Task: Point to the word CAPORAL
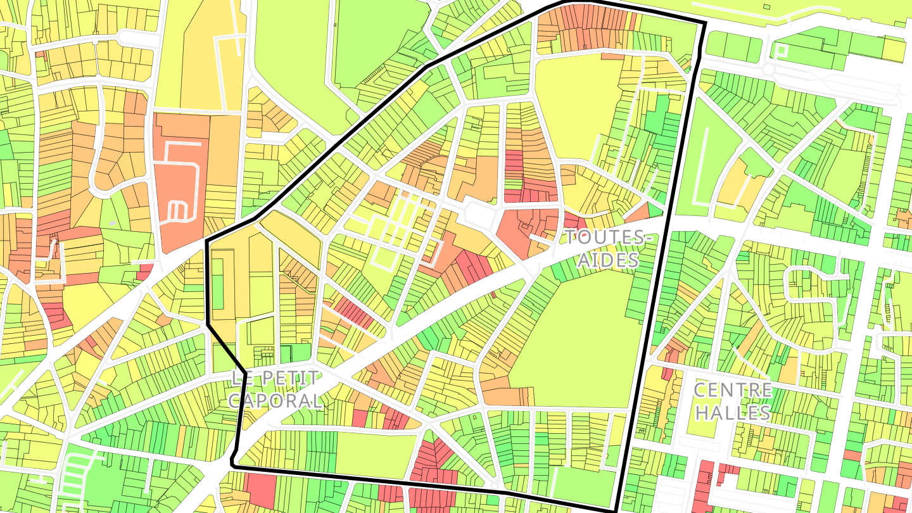(x=275, y=400)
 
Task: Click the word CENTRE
(x=733, y=389)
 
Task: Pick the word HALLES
(x=733, y=412)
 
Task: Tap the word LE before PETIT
(x=239, y=379)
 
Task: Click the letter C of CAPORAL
(x=235, y=400)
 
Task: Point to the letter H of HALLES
(x=700, y=412)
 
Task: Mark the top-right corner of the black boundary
(x=704, y=24)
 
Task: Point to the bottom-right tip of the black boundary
(x=614, y=510)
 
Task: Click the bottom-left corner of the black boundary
(x=233, y=465)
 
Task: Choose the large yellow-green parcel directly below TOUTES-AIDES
(x=570, y=336)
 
